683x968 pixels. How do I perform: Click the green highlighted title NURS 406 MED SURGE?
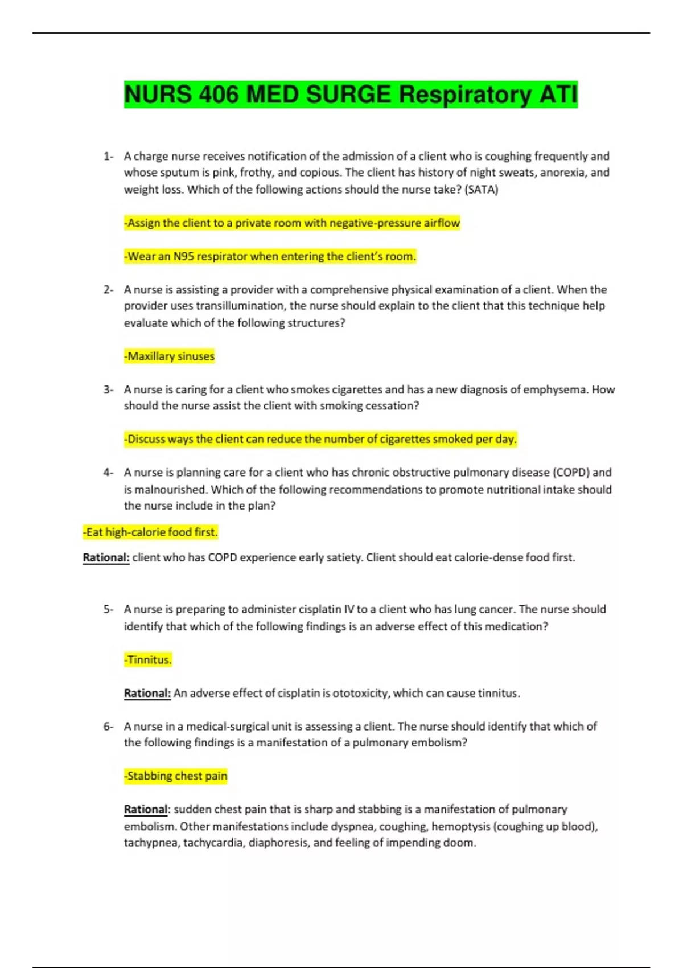pyautogui.click(x=351, y=95)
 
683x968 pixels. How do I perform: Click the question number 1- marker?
pyautogui.click(x=108, y=156)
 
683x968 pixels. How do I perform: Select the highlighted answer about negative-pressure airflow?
pyautogui.click(x=292, y=223)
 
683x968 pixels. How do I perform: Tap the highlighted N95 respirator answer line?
pyautogui.click(x=270, y=256)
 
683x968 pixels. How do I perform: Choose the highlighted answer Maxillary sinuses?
pyautogui.click(x=170, y=356)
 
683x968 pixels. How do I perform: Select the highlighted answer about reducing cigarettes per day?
pyautogui.click(x=320, y=439)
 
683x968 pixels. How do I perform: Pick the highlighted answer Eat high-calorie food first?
pyautogui.click(x=150, y=532)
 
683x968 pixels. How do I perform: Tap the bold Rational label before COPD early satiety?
pyautogui.click(x=106, y=557)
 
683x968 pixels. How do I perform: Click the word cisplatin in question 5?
pyautogui.click(x=319, y=609)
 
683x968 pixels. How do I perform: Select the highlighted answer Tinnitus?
pyautogui.click(x=148, y=660)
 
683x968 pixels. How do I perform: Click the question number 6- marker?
pyautogui.click(x=108, y=727)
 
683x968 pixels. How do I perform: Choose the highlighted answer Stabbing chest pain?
pyautogui.click(x=176, y=776)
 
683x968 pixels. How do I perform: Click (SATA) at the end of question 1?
pyautogui.click(x=481, y=190)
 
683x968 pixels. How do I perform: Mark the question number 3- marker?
pyautogui.click(x=108, y=389)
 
